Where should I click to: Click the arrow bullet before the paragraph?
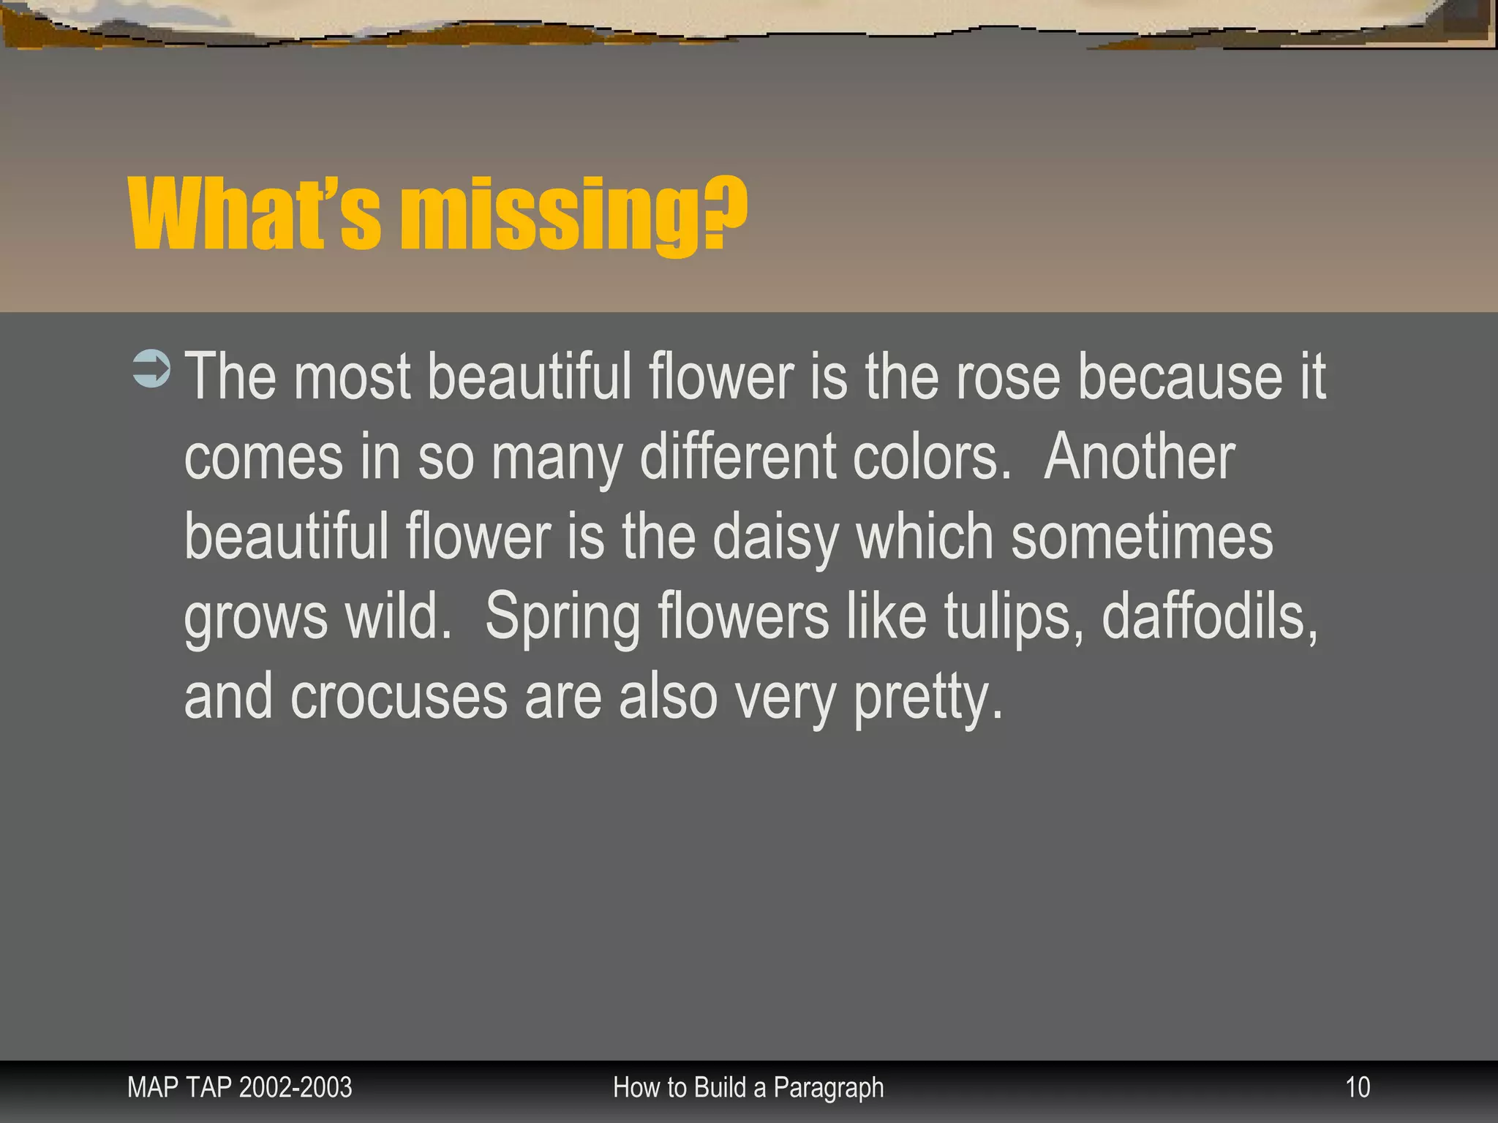tap(151, 368)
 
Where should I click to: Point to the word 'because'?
tap(1180, 377)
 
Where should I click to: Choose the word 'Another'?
tap(1139, 457)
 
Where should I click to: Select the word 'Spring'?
tap(562, 618)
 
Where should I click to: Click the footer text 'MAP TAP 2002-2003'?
tap(239, 1088)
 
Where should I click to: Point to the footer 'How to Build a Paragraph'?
tap(748, 1088)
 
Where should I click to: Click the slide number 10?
tap(1358, 1088)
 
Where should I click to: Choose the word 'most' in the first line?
tap(352, 377)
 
